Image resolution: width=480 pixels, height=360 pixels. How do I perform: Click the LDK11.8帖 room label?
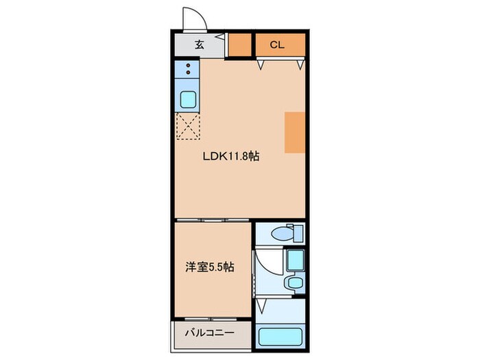(230, 156)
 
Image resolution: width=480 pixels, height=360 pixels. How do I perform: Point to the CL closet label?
(277, 46)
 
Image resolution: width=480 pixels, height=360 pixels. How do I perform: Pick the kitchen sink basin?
(188, 99)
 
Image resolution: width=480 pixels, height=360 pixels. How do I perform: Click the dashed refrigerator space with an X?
(188, 127)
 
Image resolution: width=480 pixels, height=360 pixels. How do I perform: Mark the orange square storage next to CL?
(239, 45)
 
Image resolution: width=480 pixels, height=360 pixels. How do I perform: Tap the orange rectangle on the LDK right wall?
(294, 132)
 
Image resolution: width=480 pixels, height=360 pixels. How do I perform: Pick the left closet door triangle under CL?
(261, 64)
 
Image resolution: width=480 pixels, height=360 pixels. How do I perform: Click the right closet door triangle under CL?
(300, 64)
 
